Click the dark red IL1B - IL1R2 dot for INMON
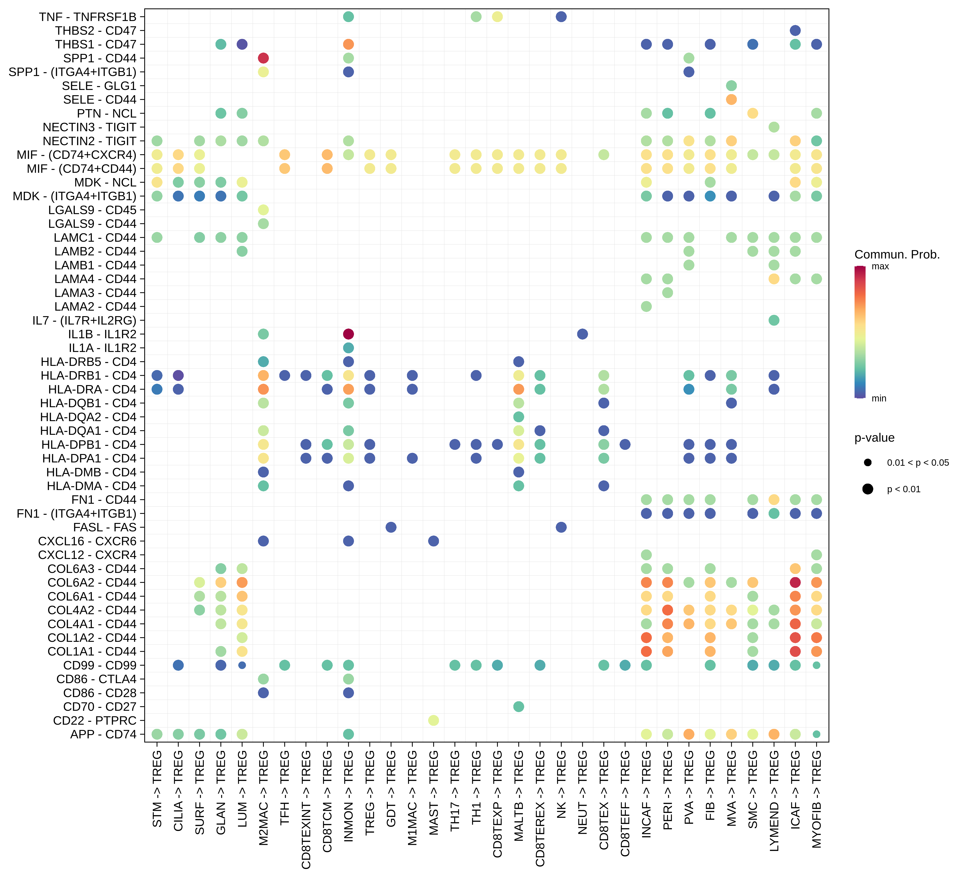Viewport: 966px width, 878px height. (x=348, y=334)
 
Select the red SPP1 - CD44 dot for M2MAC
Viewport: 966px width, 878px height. (x=263, y=58)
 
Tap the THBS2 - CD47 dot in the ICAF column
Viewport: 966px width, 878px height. (x=795, y=30)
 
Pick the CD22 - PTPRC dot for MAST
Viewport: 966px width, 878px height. (x=433, y=720)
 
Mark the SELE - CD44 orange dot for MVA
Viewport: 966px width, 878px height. (x=731, y=99)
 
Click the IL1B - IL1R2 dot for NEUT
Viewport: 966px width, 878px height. (x=582, y=334)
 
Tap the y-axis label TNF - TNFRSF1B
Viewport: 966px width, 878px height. (x=88, y=17)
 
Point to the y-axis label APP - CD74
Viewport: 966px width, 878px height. (x=103, y=734)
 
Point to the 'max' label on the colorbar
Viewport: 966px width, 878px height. (x=880, y=267)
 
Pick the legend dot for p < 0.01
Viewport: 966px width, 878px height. (x=867, y=489)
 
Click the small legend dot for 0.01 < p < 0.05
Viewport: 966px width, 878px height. (x=867, y=463)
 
